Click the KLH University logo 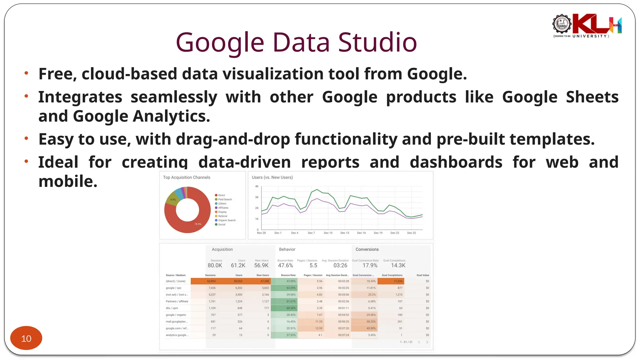[587, 26]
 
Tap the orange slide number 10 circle [26, 338]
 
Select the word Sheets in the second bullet [592, 97]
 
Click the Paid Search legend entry [225, 199]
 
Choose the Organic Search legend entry [227, 220]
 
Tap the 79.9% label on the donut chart [198, 224]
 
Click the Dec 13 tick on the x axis [345, 233]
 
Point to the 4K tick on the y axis [257, 186]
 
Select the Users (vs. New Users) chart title [272, 177]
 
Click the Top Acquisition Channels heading [187, 177]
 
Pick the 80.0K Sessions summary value [215, 265]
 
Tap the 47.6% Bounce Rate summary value [285, 265]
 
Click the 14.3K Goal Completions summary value [398, 265]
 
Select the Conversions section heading [367, 249]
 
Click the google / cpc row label [173, 288]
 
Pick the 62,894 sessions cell [211, 281]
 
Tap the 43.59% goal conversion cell [371, 328]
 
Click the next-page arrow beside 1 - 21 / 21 [427, 342]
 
